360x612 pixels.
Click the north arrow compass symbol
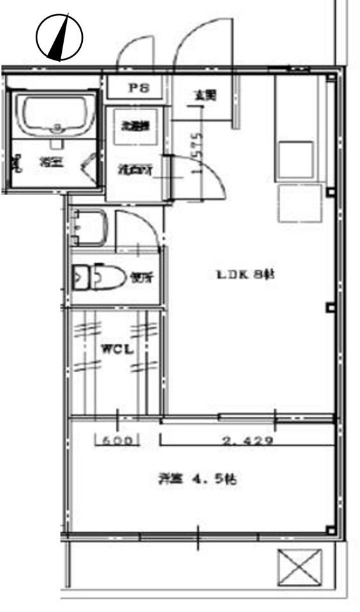coord(59,38)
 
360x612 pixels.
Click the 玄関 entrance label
coord(205,96)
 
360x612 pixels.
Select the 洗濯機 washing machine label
coord(135,126)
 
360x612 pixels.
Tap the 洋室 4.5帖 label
coord(198,479)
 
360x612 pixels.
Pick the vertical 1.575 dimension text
coord(198,153)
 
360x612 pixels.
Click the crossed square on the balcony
coord(300,566)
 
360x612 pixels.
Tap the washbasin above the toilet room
coord(90,228)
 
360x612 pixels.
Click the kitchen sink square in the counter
coord(294,159)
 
